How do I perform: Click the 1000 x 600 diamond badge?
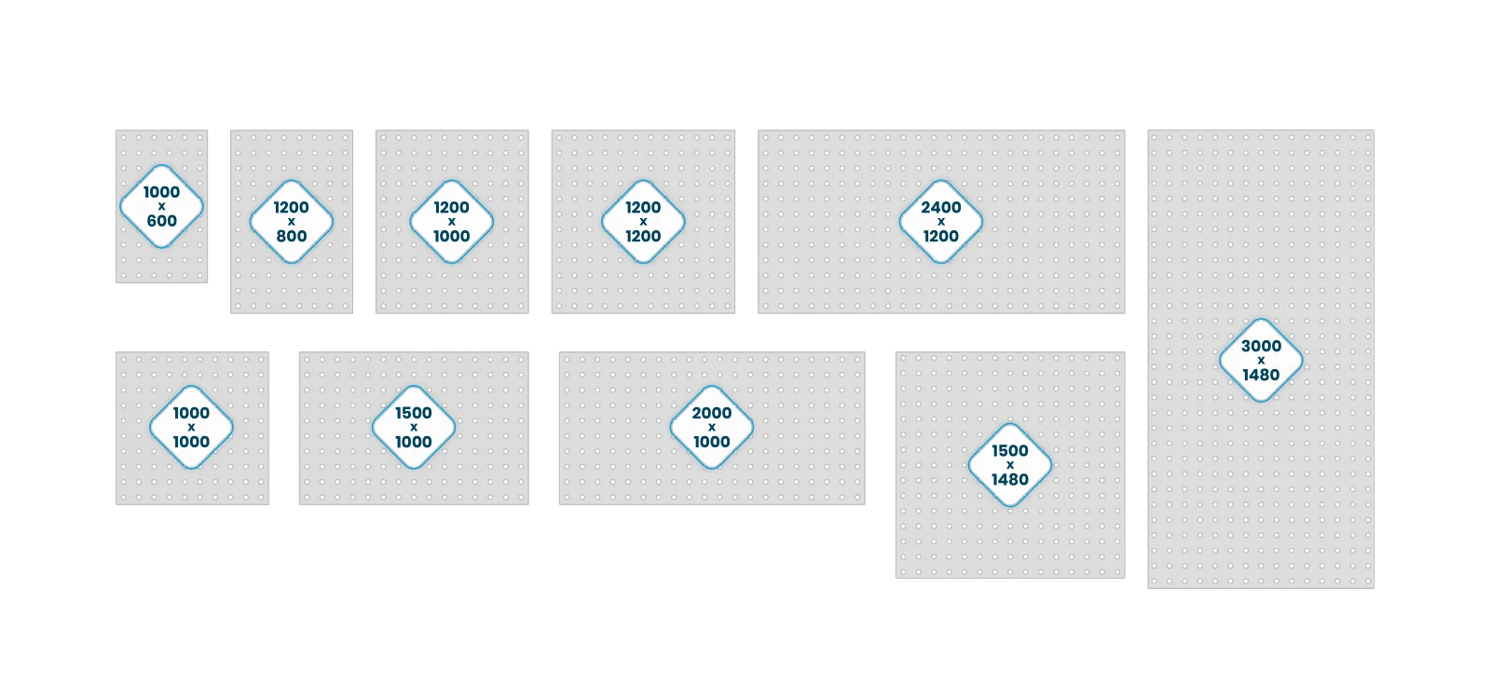coord(162,206)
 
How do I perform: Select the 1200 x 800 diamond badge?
coord(292,222)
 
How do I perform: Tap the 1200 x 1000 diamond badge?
coord(451,222)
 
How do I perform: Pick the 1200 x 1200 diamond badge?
coord(643,222)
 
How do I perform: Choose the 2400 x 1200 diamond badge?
coord(940,222)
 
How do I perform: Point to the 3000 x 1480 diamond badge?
coord(1261,360)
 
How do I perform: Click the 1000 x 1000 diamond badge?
coord(192,428)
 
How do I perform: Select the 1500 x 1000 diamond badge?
coord(414,428)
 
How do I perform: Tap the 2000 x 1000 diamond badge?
coord(712,428)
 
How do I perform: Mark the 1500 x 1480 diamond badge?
coord(1010,465)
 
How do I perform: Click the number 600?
coord(162,221)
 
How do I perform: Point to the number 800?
coord(292,237)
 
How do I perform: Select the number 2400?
coord(940,208)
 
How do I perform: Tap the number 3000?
coord(1261,346)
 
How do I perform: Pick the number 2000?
coord(712,414)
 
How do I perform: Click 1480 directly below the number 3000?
coord(1261,375)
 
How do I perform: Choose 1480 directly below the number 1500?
coord(1010,479)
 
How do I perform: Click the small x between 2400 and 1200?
coord(940,222)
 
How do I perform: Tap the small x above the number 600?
coord(162,206)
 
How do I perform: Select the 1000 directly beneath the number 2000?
coord(712,442)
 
